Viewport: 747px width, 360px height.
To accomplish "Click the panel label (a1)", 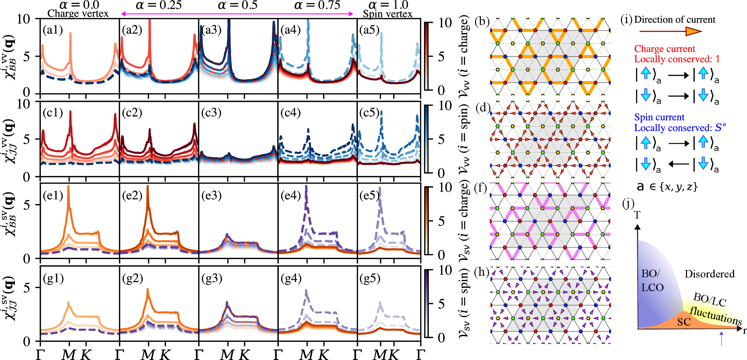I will pyautogui.click(x=53, y=30).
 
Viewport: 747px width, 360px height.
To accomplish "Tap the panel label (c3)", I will pyautogui.click(x=211, y=112).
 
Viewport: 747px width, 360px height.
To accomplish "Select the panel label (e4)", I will pyautogui.click(x=291, y=196).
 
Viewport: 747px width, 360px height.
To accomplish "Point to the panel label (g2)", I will pyautogui.click(x=133, y=279).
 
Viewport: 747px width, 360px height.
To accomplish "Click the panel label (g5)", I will pyautogui.click(x=369, y=279).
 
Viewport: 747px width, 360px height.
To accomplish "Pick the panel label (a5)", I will pyautogui.click(x=369, y=30).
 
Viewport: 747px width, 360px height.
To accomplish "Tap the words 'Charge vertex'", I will pyautogui.click(x=78, y=14).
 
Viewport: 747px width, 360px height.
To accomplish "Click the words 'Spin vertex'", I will pyautogui.click(x=387, y=14).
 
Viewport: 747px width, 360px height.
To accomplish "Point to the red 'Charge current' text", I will pyautogui.click(x=665, y=49).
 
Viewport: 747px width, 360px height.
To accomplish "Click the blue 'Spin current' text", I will pyautogui.click(x=659, y=117).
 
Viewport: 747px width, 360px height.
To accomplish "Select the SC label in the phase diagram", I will pyautogui.click(x=684, y=322).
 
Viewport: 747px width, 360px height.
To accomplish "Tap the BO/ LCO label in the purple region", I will pyautogui.click(x=652, y=280).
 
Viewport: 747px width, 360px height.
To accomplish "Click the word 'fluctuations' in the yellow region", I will pyautogui.click(x=716, y=316).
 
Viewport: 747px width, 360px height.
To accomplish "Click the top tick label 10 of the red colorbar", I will pyautogui.click(x=445, y=23).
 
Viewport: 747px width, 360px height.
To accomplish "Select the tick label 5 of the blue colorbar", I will pyautogui.click(x=441, y=139).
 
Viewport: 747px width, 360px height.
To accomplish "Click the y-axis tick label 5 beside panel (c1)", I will pyautogui.click(x=27, y=139).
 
